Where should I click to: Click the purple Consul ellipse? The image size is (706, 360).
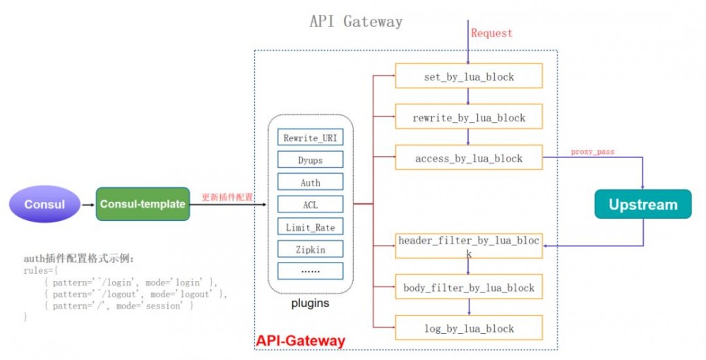pos(44,205)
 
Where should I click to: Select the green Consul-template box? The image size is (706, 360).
pos(143,204)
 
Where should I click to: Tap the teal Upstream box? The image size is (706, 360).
pos(642,205)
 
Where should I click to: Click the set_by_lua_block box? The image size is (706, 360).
pos(469,76)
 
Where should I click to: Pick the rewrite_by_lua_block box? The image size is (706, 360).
pos(469,117)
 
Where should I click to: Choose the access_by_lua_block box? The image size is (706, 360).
pos(469,158)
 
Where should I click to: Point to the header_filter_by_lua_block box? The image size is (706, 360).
pos(469,246)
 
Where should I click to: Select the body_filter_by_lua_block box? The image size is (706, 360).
pos(469,287)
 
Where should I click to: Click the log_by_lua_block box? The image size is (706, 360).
pos(469,328)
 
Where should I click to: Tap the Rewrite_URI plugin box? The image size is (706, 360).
pos(311,138)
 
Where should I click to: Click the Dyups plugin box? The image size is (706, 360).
pos(311,160)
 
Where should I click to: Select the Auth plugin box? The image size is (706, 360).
pos(311,182)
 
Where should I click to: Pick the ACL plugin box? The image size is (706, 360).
pos(311,205)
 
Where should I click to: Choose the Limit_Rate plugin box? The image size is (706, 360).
pos(311,227)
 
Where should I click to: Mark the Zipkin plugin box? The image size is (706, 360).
pos(311,248)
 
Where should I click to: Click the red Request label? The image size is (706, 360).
pos(491,33)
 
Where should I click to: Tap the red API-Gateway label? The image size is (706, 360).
pos(300,341)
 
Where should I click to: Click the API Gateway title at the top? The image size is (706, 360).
pos(356,21)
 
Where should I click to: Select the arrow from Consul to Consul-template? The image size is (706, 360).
pos(88,205)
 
